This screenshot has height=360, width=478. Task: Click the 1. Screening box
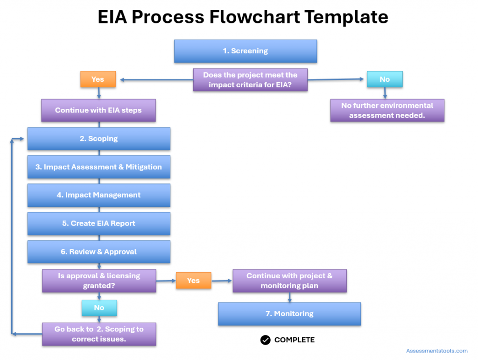[x=246, y=51]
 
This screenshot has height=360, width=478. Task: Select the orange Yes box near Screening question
[x=98, y=79]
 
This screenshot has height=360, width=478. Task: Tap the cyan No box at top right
[x=384, y=79]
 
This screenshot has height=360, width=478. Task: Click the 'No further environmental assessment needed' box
[x=387, y=110]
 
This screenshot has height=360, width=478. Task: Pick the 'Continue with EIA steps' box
[x=98, y=110]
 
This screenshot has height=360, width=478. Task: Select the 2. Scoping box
[x=98, y=139]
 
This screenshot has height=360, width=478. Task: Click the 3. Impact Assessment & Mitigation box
[x=98, y=167]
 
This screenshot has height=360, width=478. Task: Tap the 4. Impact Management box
[x=98, y=195]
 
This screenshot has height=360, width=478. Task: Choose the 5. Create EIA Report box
[x=98, y=224]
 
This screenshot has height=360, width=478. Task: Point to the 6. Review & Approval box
[x=98, y=252]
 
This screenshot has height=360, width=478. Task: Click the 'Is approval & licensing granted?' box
[x=99, y=281]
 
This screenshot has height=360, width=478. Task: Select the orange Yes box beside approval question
[x=193, y=281]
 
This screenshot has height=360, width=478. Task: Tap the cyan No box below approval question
[x=99, y=308]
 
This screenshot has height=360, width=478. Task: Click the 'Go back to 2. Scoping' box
[x=99, y=334]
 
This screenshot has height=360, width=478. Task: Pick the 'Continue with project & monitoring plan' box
[x=289, y=281]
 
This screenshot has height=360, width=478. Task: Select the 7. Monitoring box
[x=289, y=314]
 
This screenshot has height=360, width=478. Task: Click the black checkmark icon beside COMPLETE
[x=265, y=340]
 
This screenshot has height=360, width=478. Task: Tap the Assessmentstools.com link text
[x=436, y=351]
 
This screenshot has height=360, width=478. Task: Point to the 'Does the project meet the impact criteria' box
[x=250, y=80]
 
